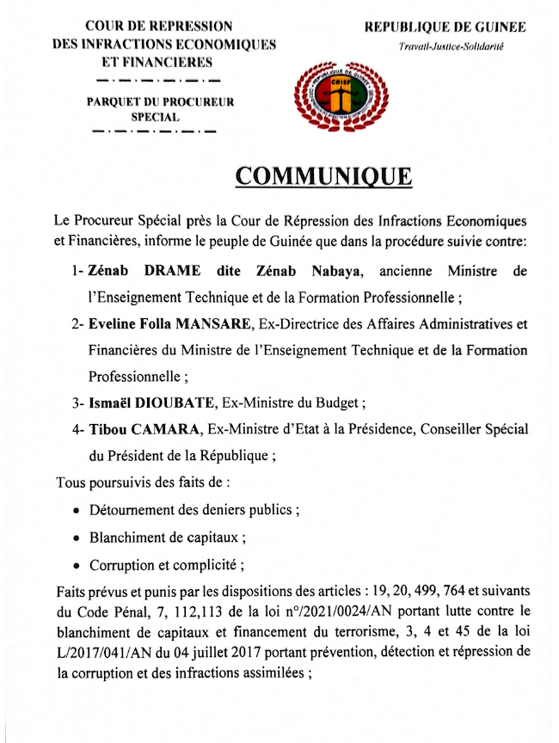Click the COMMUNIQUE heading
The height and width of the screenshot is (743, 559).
[x=323, y=176]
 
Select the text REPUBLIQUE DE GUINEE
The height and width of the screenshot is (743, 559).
[x=445, y=28]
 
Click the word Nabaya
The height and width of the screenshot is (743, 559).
[x=329, y=272]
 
